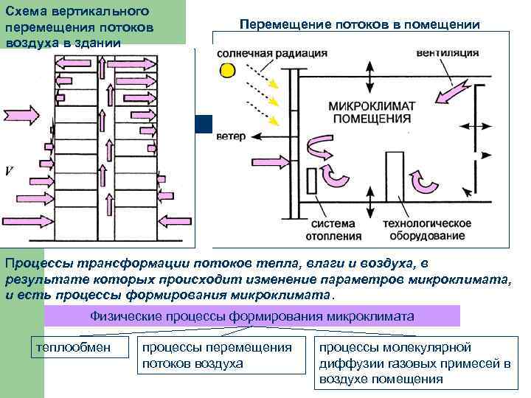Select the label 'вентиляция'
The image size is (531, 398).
pos(447,54)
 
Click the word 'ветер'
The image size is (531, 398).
pos(231,136)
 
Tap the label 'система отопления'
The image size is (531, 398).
pos(336,230)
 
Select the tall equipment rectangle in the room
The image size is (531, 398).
pos(391,175)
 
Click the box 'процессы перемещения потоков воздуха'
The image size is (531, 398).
pos(221,355)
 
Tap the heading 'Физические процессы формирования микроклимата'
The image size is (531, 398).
pos(251,316)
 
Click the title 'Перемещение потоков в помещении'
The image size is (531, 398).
pos(360,25)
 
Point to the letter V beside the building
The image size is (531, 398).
pos(9,171)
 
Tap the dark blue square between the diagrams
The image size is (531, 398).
pos(204,124)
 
